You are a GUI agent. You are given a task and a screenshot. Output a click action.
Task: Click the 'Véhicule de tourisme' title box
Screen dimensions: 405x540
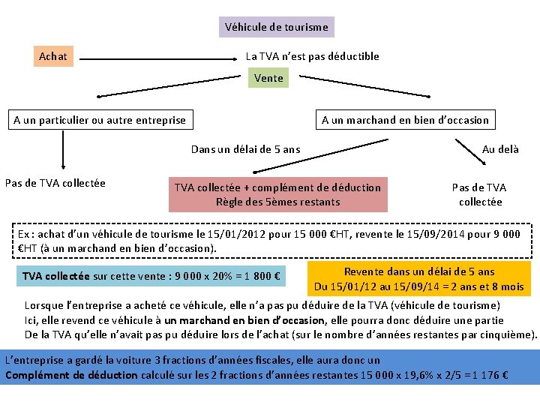click(277, 27)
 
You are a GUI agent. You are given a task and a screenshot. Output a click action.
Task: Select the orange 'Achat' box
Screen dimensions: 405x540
click(53, 56)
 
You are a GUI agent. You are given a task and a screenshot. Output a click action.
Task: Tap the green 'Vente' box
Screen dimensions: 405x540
click(268, 78)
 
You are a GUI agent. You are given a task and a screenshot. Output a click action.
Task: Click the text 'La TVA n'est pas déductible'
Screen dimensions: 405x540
click(313, 56)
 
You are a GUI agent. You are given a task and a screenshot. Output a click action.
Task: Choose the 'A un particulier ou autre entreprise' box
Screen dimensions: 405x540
click(100, 120)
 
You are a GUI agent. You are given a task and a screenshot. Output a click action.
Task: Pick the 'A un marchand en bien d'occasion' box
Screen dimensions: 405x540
click(405, 120)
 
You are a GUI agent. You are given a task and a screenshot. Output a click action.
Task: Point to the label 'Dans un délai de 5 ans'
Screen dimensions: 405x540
click(245, 149)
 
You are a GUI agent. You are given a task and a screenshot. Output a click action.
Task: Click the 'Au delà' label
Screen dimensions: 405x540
click(500, 149)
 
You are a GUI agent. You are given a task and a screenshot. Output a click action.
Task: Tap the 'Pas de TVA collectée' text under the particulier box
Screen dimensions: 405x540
click(55, 183)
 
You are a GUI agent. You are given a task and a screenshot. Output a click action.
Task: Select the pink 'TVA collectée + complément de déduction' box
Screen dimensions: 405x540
click(277, 194)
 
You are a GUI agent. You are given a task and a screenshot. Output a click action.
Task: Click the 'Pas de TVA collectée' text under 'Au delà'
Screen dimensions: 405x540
click(478, 194)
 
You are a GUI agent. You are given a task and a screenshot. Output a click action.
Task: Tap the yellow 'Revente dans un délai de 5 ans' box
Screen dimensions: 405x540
click(418, 278)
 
